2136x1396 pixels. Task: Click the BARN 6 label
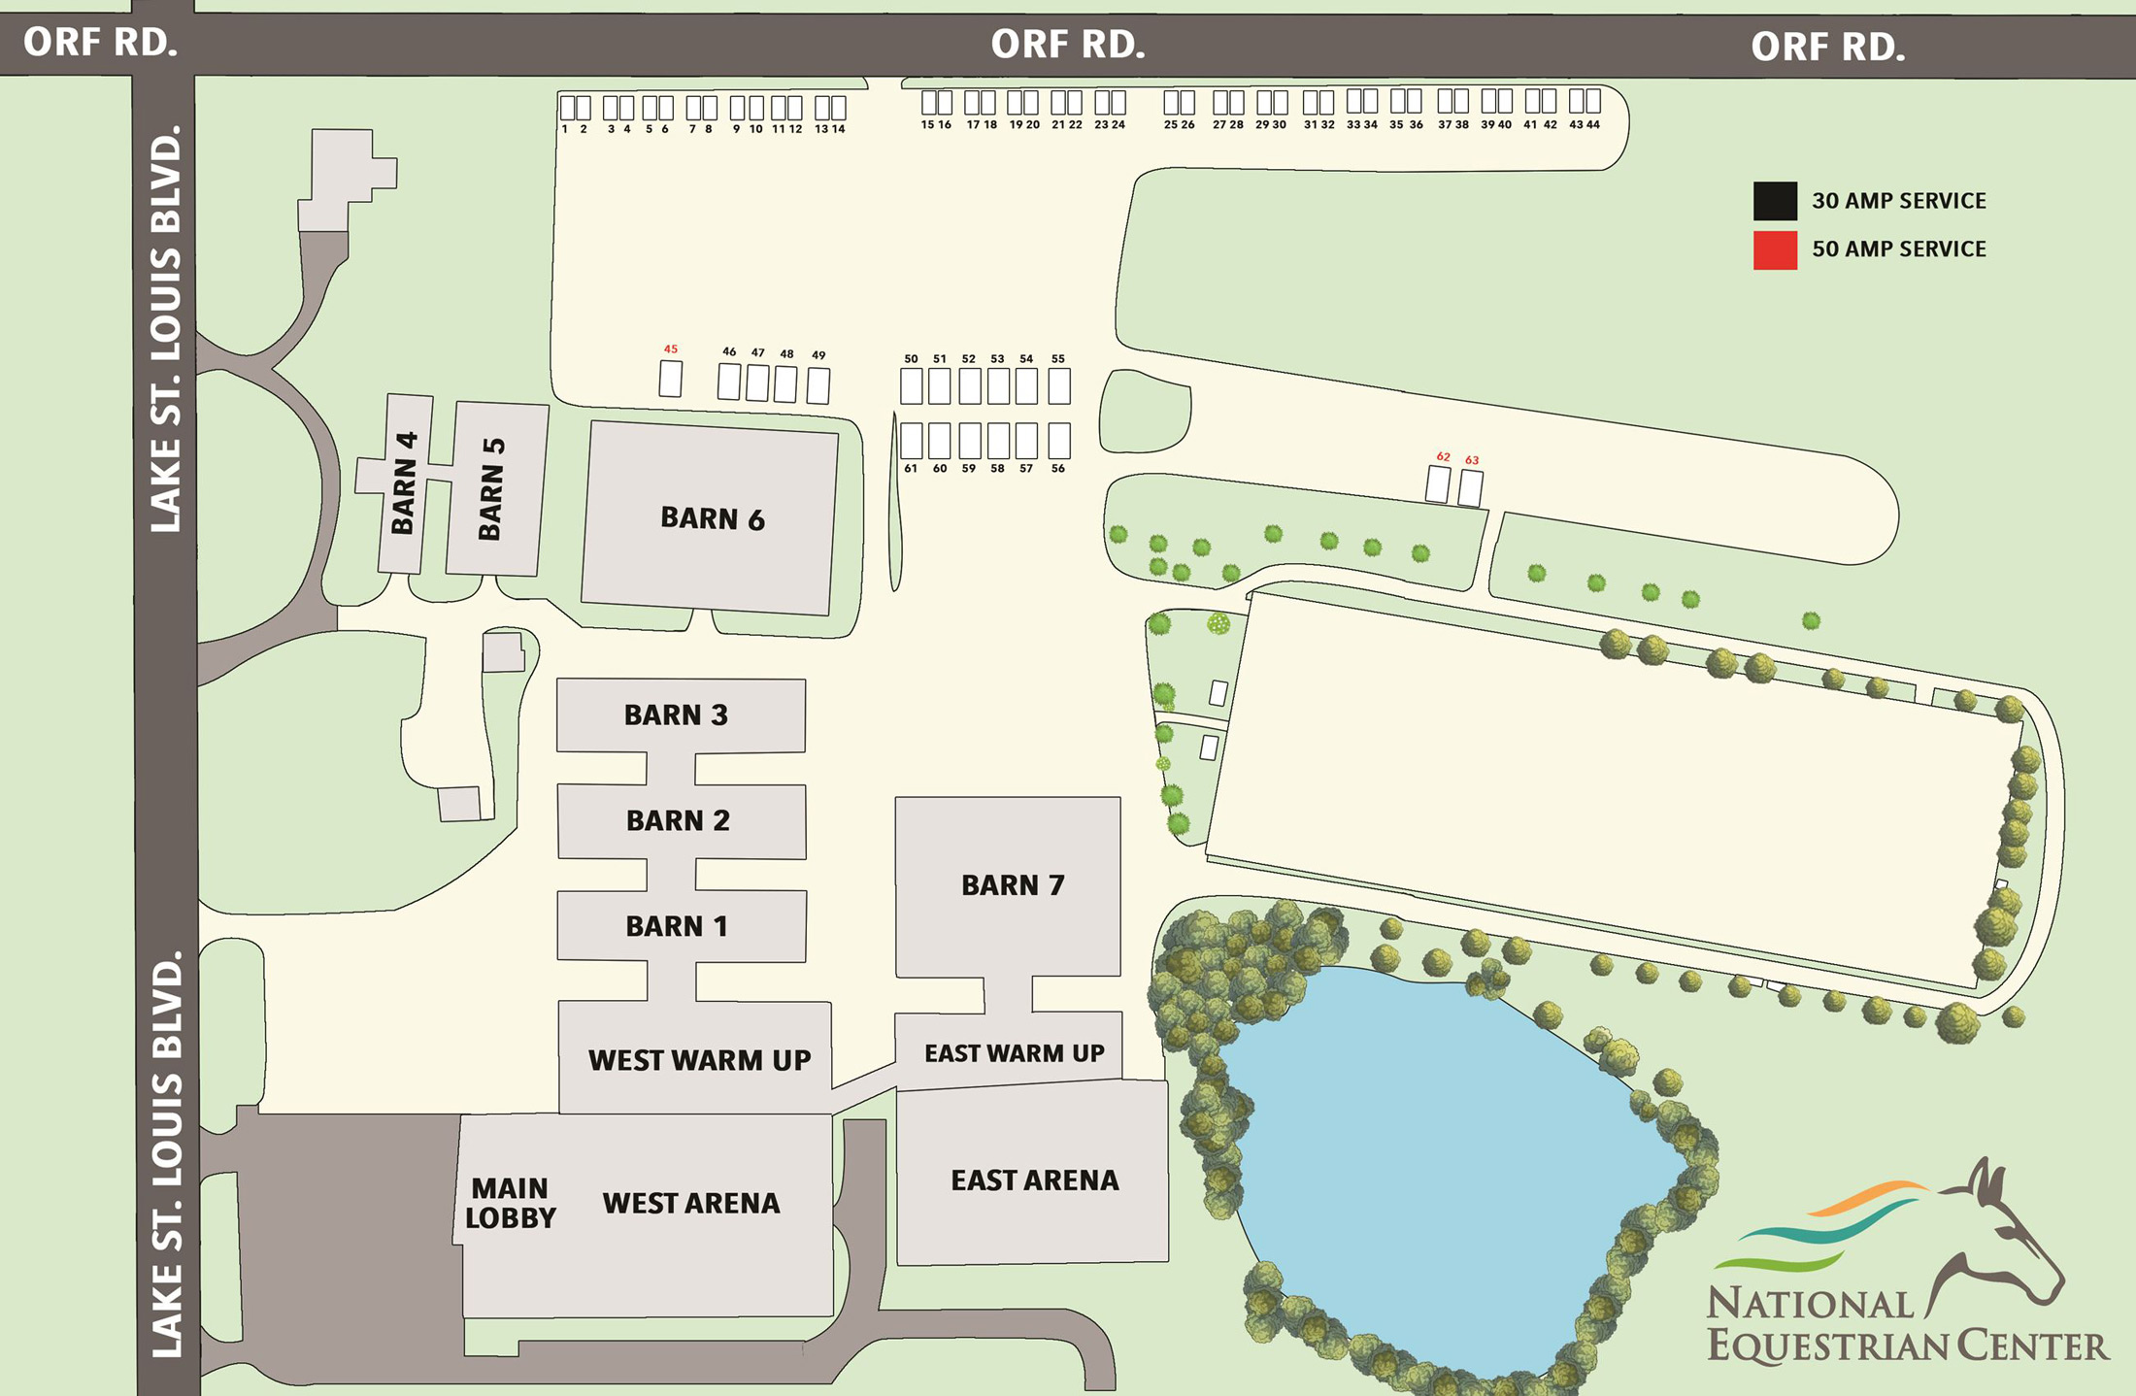pyautogui.click(x=712, y=518)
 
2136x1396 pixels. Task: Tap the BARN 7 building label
pyautogui.click(x=1012, y=885)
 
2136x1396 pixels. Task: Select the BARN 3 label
pyautogui.click(x=676, y=715)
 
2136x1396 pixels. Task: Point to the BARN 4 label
pyautogui.click(x=404, y=482)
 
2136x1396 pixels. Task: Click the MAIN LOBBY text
pyautogui.click(x=510, y=1203)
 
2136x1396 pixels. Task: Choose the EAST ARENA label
pyautogui.click(x=1034, y=1180)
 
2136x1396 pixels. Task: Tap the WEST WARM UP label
pyautogui.click(x=699, y=1060)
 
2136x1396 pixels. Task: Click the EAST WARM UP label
pyautogui.click(x=1014, y=1053)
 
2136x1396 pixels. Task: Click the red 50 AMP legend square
pyautogui.click(x=1774, y=249)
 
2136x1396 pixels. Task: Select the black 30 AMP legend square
pyautogui.click(x=1774, y=201)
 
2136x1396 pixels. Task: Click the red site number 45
pyautogui.click(x=671, y=349)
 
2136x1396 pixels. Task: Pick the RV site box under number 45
pyautogui.click(x=670, y=379)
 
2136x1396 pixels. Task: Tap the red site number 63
pyautogui.click(x=1472, y=460)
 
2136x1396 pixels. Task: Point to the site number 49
pyautogui.click(x=818, y=355)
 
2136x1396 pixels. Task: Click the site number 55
pyautogui.click(x=1058, y=358)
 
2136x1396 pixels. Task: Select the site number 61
pyautogui.click(x=911, y=469)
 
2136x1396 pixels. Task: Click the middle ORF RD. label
pyautogui.click(x=1067, y=45)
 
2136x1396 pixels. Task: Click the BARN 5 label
pyautogui.click(x=491, y=488)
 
